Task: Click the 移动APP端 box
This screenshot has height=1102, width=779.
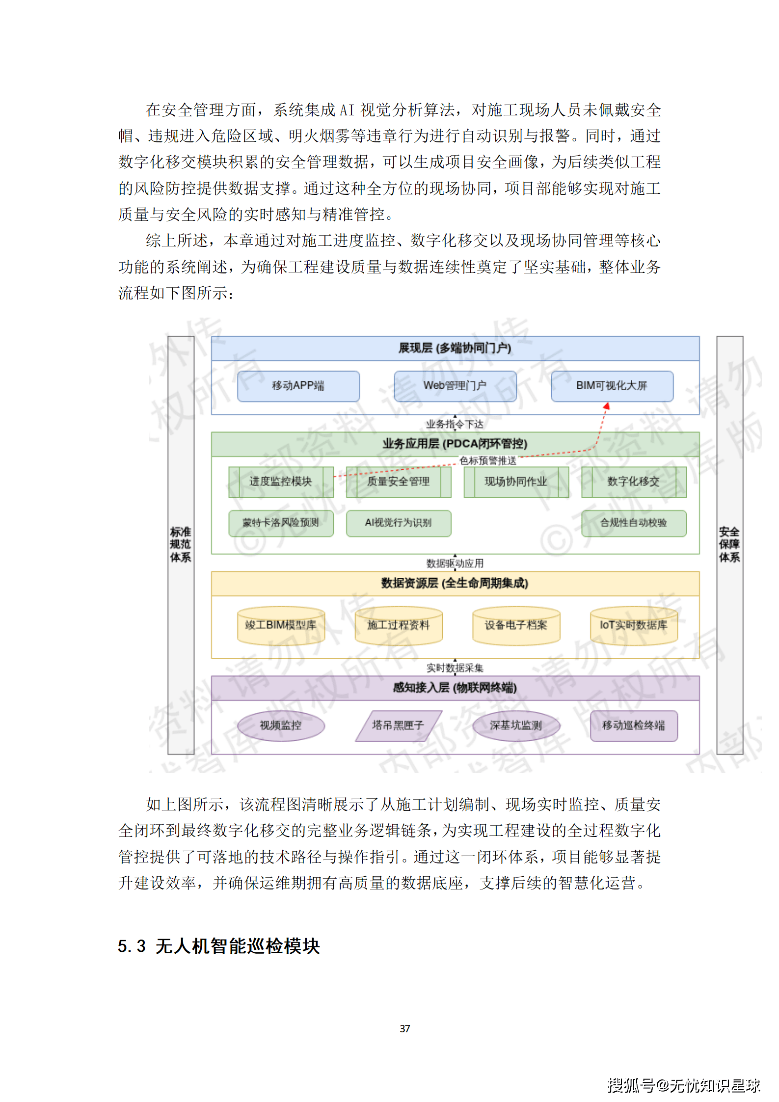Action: click(298, 386)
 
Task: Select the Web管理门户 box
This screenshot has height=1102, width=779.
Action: click(455, 386)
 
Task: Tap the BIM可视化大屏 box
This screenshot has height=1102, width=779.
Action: click(612, 386)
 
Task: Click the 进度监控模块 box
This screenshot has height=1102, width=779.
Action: click(281, 482)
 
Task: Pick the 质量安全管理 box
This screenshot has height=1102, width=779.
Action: click(398, 482)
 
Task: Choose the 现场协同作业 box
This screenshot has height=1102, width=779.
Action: click(516, 482)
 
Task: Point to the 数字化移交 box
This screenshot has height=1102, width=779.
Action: click(633, 482)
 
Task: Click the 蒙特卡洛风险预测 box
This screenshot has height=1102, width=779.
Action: click(281, 523)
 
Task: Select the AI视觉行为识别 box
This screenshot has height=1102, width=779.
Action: click(398, 523)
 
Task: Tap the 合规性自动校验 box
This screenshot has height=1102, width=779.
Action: click(633, 523)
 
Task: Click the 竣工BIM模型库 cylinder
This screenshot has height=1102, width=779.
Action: click(281, 625)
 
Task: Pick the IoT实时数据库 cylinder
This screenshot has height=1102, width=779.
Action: click(633, 625)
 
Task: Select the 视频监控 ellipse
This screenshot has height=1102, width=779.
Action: click(281, 726)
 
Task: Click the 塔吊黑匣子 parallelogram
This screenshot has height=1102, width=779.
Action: click(398, 726)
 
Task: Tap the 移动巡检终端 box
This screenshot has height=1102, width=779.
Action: click(633, 726)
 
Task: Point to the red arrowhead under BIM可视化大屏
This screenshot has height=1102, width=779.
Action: click(607, 406)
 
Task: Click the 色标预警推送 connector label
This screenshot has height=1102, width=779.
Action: click(488, 460)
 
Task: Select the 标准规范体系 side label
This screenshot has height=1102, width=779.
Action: click(181, 544)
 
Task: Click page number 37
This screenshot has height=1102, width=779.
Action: click(405, 1028)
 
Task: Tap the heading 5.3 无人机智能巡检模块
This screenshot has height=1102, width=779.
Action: click(219, 946)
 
